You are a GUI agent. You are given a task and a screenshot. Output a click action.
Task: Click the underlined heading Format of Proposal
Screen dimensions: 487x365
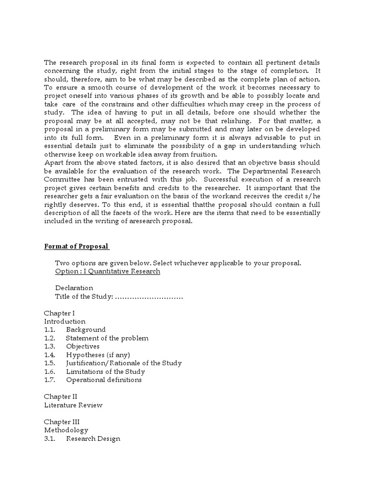77,246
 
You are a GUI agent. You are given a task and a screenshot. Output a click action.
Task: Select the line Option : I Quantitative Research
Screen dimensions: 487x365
107,271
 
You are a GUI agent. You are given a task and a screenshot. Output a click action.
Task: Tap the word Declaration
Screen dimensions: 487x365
74,288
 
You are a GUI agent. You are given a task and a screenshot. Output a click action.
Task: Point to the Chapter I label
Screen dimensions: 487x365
59,313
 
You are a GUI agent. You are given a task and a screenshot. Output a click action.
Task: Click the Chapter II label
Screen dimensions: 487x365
60,397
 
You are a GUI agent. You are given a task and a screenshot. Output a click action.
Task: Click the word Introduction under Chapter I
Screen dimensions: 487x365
65,321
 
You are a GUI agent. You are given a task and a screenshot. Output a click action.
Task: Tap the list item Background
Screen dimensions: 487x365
86,330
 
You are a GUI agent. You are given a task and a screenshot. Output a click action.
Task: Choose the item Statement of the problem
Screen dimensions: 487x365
107,338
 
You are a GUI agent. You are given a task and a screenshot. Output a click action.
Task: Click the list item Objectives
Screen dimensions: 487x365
83,346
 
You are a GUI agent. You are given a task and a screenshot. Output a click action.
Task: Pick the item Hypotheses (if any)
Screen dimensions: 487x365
98,355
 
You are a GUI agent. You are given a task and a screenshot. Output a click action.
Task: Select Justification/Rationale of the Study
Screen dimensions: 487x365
124,363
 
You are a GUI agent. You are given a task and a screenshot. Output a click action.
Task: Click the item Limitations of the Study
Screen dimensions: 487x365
106,371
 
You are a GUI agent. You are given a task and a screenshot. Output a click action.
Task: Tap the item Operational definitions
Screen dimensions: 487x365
104,380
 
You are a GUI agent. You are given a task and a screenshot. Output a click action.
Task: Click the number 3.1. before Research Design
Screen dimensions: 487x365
50,438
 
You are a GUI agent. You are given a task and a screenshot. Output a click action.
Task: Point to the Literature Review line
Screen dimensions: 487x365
73,405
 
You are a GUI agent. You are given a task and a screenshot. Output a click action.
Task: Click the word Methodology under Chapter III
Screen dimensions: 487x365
66,430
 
